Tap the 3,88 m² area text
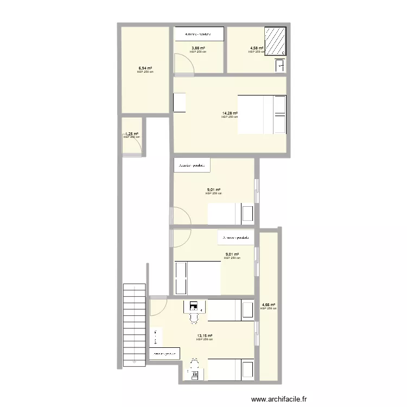198,48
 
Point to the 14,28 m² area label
230,113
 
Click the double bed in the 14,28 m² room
262,114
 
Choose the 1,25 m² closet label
132,134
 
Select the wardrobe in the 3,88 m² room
199,34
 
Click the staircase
135,326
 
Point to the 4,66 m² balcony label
268,305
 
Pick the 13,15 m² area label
205,336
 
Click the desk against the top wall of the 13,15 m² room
194,307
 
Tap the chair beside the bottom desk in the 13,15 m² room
194,362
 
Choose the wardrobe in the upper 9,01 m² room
192,166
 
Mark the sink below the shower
281,66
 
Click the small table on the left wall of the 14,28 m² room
179,103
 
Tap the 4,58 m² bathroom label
256,48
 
